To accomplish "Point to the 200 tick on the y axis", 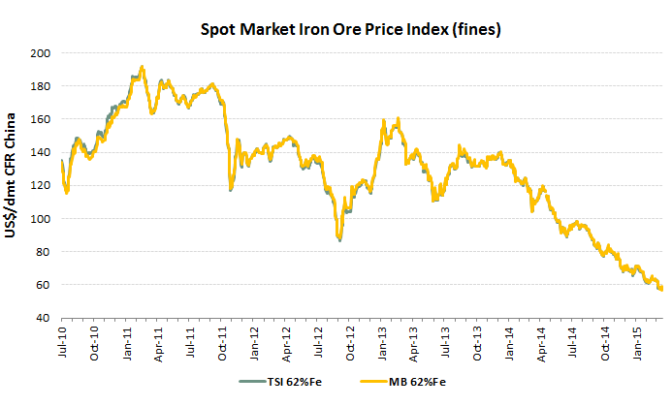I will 43,52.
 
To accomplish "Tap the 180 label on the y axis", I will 43,85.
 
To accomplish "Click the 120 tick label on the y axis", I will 43,185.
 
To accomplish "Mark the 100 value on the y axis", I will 43,218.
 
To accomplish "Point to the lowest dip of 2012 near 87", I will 339,238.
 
